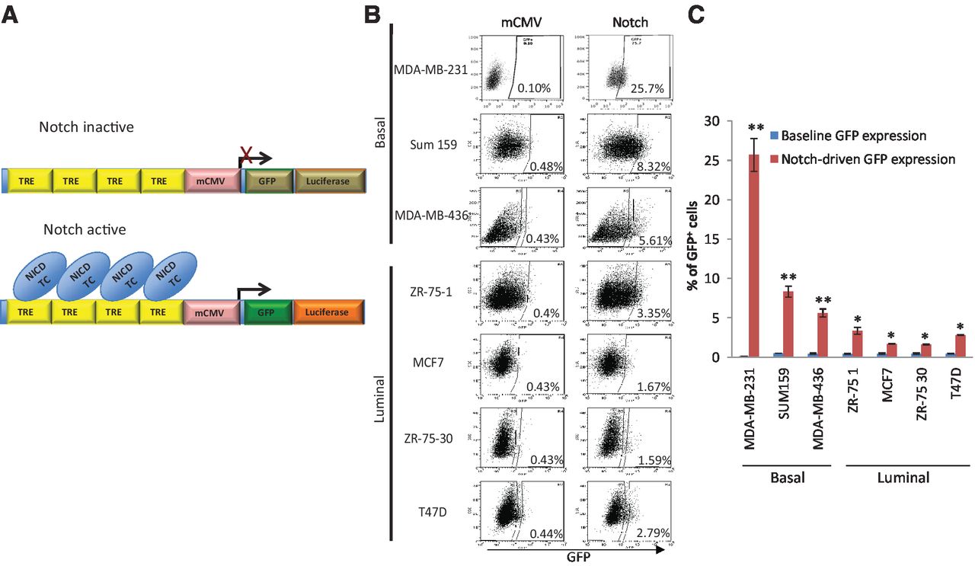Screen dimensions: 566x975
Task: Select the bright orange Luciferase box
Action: click(x=328, y=312)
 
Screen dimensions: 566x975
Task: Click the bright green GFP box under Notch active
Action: click(x=267, y=312)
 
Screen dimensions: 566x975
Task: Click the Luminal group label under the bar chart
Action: click(x=903, y=478)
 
